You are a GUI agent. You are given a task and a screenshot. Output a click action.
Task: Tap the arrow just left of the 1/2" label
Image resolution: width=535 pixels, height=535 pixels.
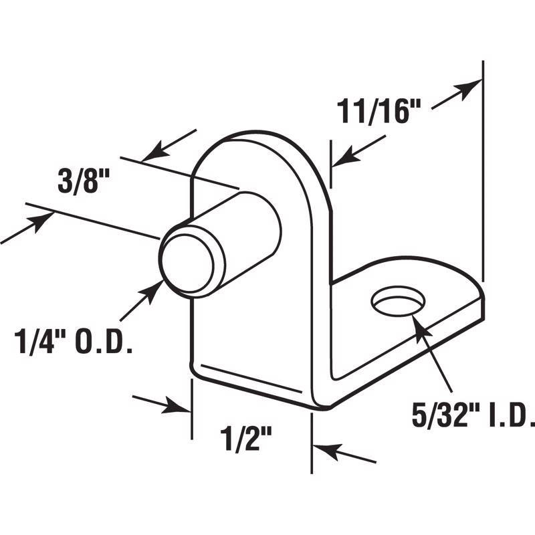point(161,403)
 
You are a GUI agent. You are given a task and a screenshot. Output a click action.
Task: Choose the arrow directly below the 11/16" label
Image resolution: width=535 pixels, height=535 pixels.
point(358,150)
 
